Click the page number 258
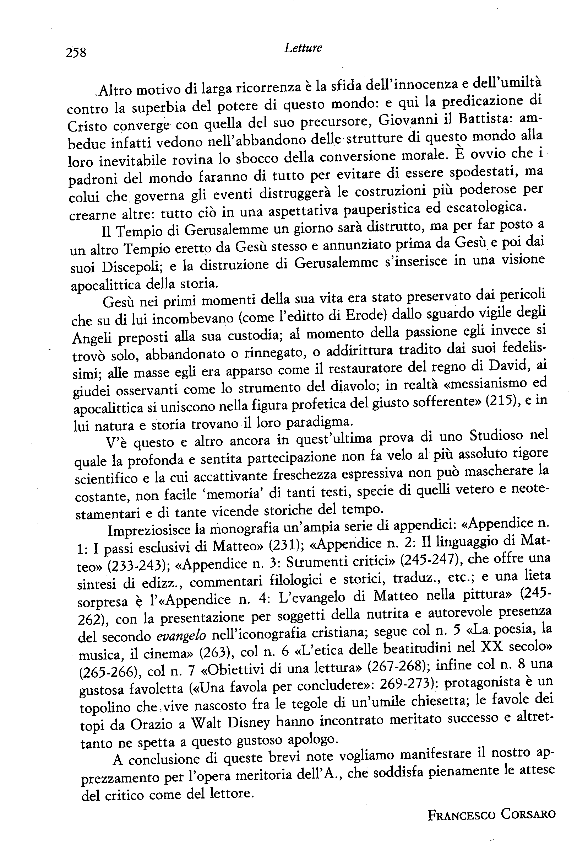(x=76, y=53)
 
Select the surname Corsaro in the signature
(x=529, y=814)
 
